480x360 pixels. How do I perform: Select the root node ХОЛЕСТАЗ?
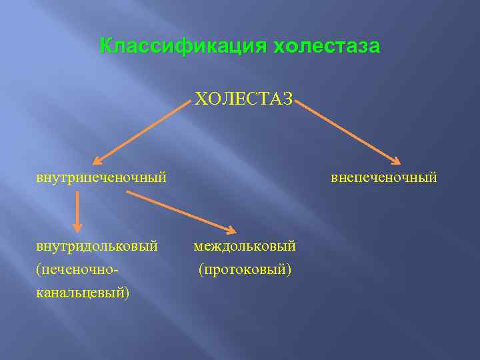[x=243, y=99]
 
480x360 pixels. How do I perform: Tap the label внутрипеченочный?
[x=101, y=177]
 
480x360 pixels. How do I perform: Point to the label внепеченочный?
[x=384, y=177]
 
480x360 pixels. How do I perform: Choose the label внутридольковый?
[x=97, y=247]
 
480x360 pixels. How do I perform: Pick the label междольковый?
[x=245, y=247]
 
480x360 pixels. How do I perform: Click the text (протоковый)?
[x=245, y=270]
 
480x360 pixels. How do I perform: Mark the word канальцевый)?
[x=83, y=293]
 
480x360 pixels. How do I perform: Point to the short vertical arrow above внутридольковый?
[x=77, y=211]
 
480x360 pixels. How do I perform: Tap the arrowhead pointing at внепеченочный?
[x=395, y=160]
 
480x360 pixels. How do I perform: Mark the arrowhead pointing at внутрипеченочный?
[x=97, y=160]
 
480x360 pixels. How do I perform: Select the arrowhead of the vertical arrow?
[x=77, y=227]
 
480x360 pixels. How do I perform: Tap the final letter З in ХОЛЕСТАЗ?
[x=286, y=99]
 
